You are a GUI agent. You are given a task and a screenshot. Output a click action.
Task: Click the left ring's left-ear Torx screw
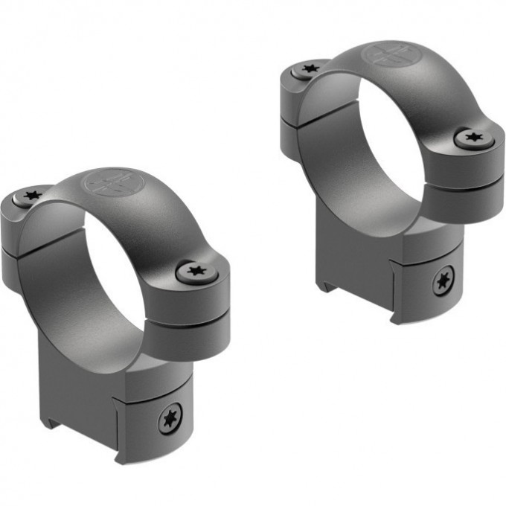point(31,196)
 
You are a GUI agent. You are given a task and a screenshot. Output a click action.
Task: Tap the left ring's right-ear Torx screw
point(197,271)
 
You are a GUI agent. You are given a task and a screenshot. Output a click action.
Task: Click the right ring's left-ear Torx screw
point(308,69)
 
